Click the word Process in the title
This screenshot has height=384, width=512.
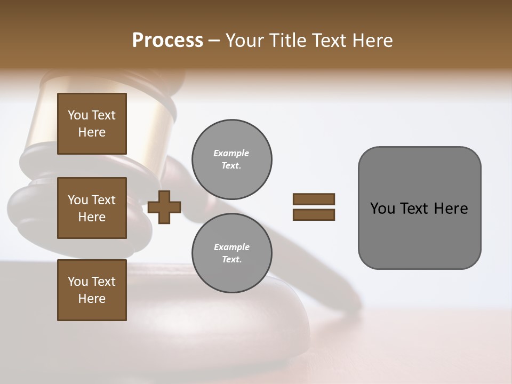167,41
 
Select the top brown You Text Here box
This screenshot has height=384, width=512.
92,124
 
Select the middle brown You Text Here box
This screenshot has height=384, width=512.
92,208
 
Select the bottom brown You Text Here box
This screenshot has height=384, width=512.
92,290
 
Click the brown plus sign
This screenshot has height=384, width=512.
164,207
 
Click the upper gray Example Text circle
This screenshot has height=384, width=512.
231,159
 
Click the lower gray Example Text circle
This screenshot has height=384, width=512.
231,253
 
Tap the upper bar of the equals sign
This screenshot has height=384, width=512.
314,199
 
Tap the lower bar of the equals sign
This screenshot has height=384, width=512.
314,215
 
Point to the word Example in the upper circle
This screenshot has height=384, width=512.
231,153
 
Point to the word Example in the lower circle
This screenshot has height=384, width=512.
231,247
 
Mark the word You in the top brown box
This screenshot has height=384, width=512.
78,115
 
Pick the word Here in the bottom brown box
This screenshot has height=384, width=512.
92,299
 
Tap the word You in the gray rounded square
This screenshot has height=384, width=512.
382,209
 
